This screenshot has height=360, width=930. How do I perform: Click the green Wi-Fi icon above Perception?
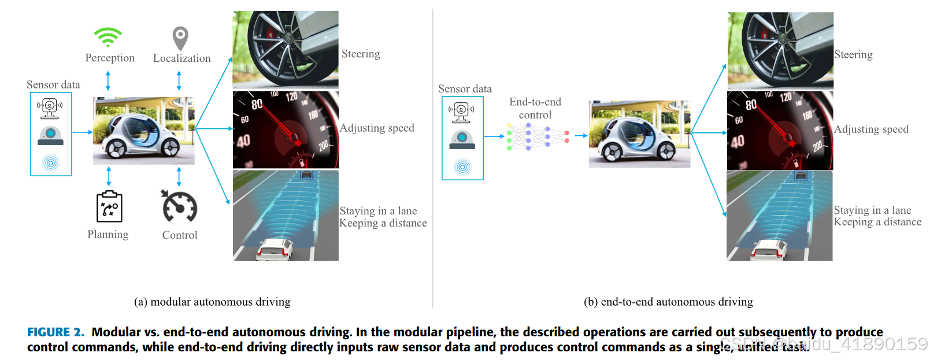tap(108, 37)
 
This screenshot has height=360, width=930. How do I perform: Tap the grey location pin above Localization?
tap(180, 38)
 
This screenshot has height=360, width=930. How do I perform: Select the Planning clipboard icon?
tap(109, 207)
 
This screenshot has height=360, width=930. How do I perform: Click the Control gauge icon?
tap(180, 207)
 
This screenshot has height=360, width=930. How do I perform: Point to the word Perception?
tap(110, 58)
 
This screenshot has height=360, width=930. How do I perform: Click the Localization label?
tap(181, 58)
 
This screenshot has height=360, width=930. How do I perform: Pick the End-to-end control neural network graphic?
tap(538, 136)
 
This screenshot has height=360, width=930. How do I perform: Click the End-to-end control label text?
tap(535, 108)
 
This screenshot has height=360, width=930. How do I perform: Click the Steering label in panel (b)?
tap(853, 55)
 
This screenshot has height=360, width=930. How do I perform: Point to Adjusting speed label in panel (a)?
tap(377, 128)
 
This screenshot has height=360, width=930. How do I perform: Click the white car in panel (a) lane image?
tap(275, 248)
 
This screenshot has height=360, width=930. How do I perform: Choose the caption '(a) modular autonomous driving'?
tap(212, 302)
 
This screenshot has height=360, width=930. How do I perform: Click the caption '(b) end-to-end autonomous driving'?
tap(668, 302)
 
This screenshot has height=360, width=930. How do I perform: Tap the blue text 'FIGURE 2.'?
tap(55, 332)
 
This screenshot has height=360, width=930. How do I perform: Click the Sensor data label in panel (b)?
tap(465, 89)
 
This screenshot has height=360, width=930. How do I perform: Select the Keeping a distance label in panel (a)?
tap(383, 224)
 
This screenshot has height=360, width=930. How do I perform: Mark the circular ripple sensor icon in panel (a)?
tap(51, 163)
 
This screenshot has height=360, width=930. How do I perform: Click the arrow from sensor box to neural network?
tap(494, 136)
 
